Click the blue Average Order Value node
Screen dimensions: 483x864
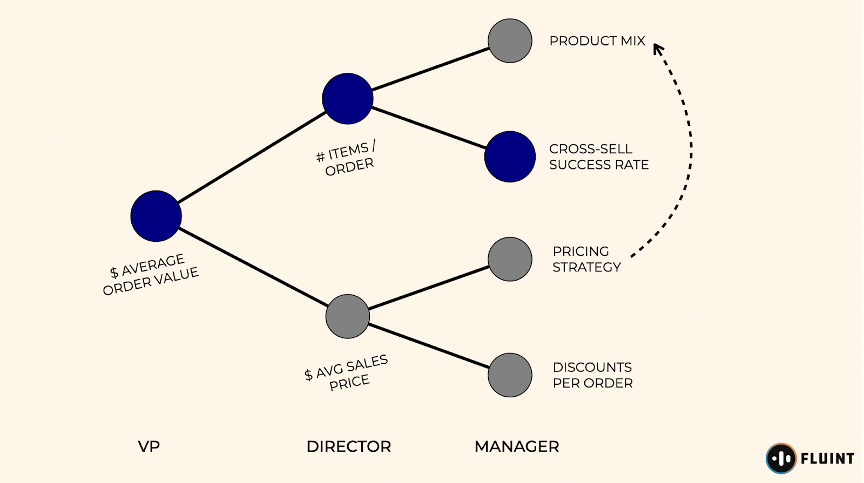(x=156, y=216)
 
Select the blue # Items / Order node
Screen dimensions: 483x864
(x=347, y=99)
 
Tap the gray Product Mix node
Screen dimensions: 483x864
(x=510, y=41)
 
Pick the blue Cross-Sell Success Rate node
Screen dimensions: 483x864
(x=510, y=157)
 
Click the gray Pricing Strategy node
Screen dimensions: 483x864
(x=510, y=259)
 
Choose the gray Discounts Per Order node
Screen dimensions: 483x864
(x=510, y=375)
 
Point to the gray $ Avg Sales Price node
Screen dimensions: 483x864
(x=347, y=316)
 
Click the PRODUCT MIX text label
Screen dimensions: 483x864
(x=597, y=41)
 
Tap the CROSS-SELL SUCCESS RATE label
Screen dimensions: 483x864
(x=598, y=157)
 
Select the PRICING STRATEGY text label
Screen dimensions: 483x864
(x=586, y=259)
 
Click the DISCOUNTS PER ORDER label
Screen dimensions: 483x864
(x=592, y=375)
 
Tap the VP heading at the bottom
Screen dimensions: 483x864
(x=149, y=446)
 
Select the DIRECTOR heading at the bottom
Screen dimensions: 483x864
(x=348, y=446)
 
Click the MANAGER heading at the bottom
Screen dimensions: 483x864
(x=517, y=446)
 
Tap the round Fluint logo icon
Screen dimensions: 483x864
(x=781, y=458)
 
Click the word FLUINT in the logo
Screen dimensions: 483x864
(x=827, y=459)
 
